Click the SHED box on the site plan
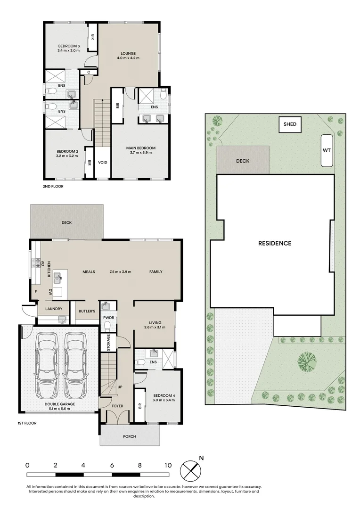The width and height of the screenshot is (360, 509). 290,124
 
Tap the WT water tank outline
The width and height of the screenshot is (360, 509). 327,151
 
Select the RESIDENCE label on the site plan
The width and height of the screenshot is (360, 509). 275,243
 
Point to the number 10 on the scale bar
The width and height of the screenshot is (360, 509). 168,465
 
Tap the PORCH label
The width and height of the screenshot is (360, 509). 130,436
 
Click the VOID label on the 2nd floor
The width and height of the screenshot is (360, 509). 103,162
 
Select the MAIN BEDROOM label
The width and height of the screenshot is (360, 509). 141,148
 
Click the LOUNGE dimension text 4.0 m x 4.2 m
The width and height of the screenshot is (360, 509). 128,58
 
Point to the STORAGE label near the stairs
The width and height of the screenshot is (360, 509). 108,343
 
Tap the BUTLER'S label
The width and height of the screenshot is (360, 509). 87,311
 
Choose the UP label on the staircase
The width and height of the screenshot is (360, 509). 120,387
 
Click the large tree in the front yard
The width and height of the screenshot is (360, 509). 306,362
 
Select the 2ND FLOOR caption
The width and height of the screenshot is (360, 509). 53,186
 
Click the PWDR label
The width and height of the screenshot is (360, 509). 108,318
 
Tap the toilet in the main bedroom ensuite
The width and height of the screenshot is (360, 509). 164,94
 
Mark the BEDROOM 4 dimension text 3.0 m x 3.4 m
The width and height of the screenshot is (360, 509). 164,400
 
